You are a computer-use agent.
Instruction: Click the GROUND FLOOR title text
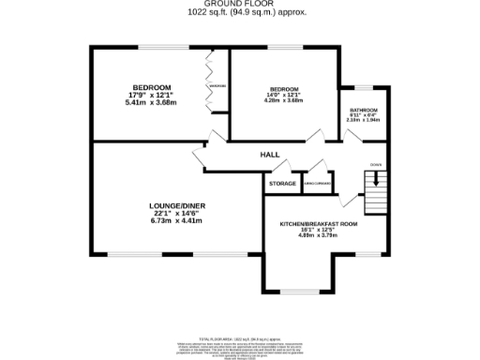[239, 4]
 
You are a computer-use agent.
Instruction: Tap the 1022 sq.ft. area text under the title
[239, 12]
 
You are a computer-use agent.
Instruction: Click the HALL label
[270, 155]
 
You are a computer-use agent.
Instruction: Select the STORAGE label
[282, 184]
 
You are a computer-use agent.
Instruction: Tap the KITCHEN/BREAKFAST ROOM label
[319, 224]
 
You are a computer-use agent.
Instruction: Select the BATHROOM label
[364, 109]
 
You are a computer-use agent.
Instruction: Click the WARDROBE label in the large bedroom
[217, 86]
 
